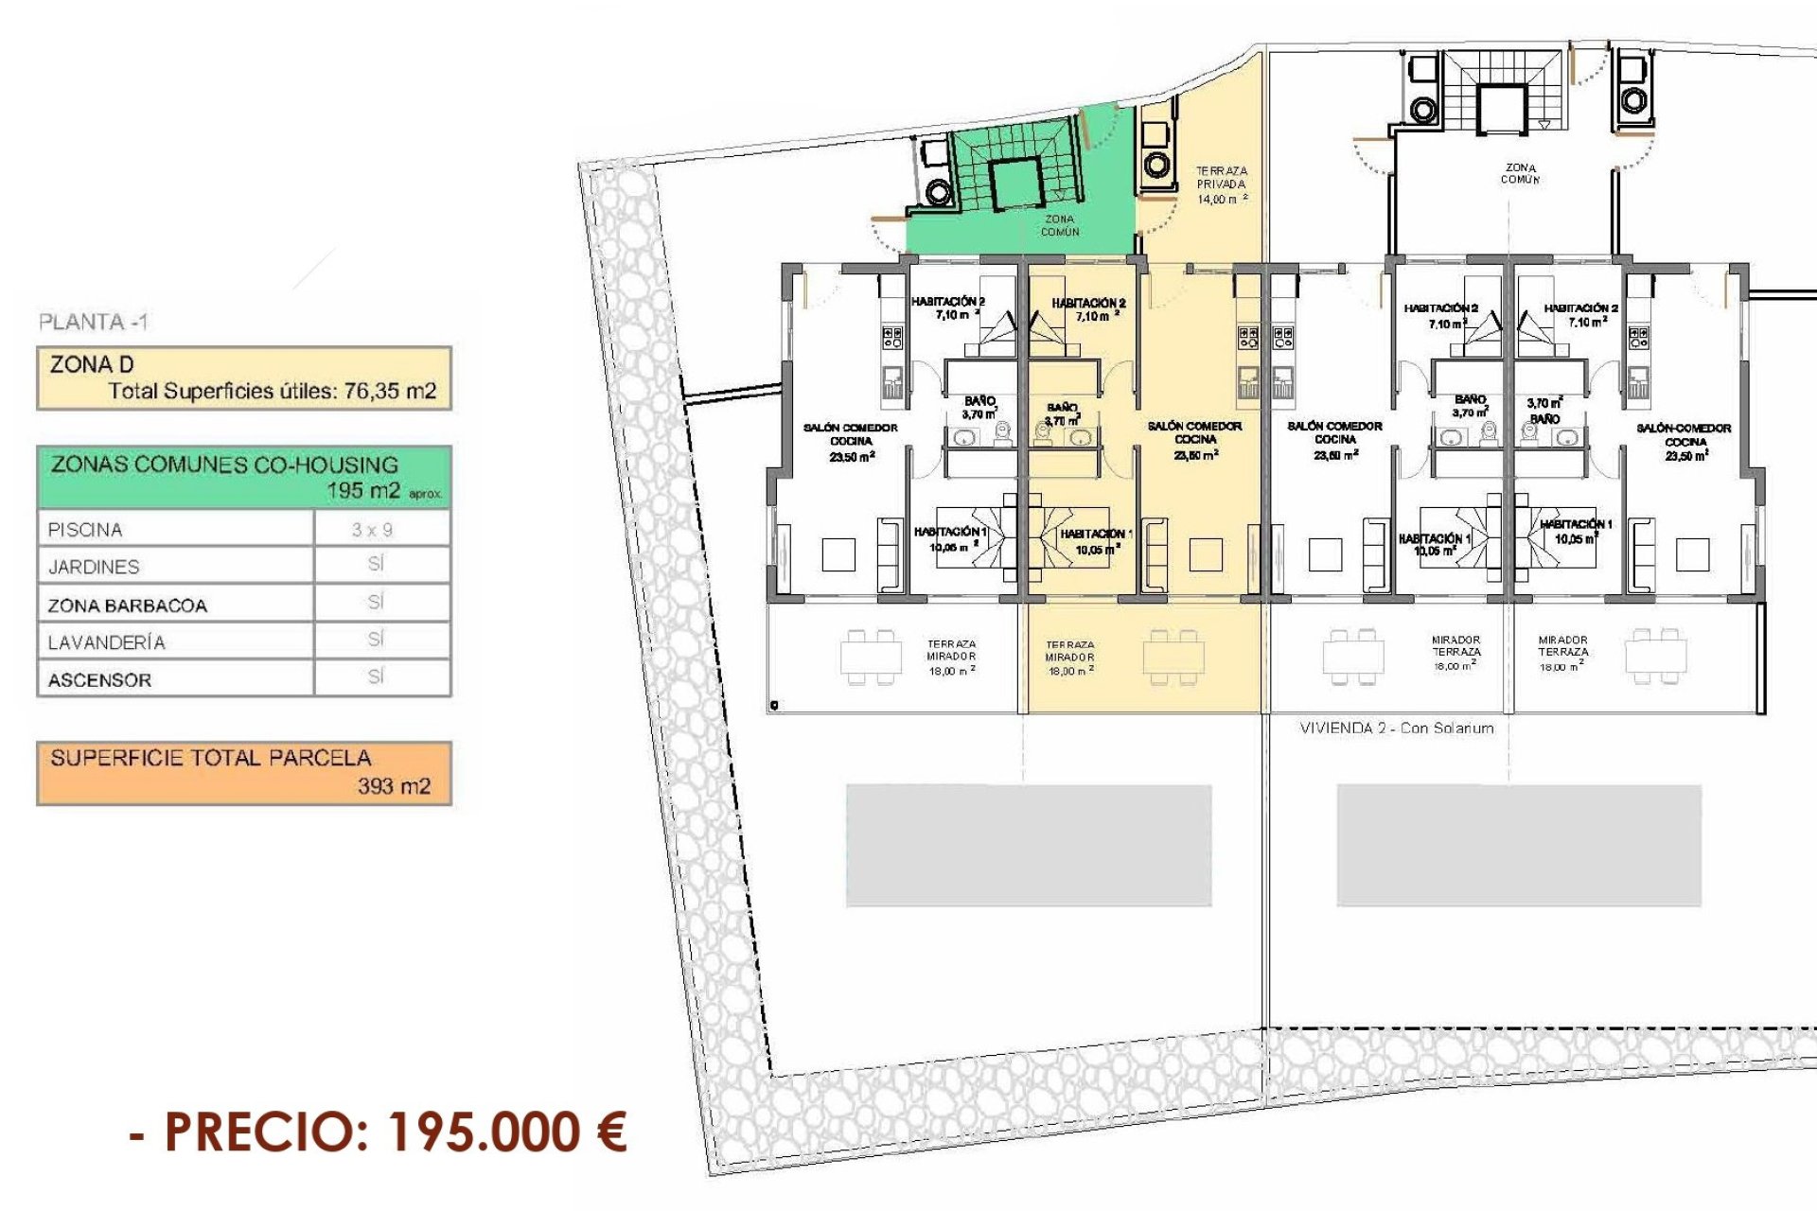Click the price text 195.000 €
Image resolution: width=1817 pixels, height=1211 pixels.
pos(508,1132)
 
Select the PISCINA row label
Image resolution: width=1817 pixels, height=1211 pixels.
pos(85,530)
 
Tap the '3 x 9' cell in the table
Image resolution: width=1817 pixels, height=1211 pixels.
pos(372,530)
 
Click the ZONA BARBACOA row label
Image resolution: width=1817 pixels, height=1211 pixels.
pos(127,605)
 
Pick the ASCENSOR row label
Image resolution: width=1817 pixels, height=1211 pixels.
pos(99,680)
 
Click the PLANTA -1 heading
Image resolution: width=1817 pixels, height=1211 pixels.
pos(93,322)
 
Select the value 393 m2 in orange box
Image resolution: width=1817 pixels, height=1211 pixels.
pos(394,786)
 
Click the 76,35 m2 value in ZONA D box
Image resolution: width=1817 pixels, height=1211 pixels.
pos(390,392)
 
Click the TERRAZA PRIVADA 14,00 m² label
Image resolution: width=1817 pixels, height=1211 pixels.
pos(1221,185)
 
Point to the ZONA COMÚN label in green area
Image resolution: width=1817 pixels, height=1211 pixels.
pos(1059,225)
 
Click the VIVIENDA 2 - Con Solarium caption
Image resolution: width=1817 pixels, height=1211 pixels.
pos(1396,728)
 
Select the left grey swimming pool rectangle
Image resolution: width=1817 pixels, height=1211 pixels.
pos(1028,845)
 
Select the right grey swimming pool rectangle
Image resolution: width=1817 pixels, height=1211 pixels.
pos(1518,845)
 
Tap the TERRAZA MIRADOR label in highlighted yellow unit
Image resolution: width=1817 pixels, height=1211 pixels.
pos(1070,658)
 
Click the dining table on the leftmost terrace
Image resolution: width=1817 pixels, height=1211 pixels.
pos(872,657)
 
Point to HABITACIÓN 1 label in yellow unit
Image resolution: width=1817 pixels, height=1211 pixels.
pos(1095,541)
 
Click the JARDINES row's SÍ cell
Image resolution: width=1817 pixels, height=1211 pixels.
pos(376,565)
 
